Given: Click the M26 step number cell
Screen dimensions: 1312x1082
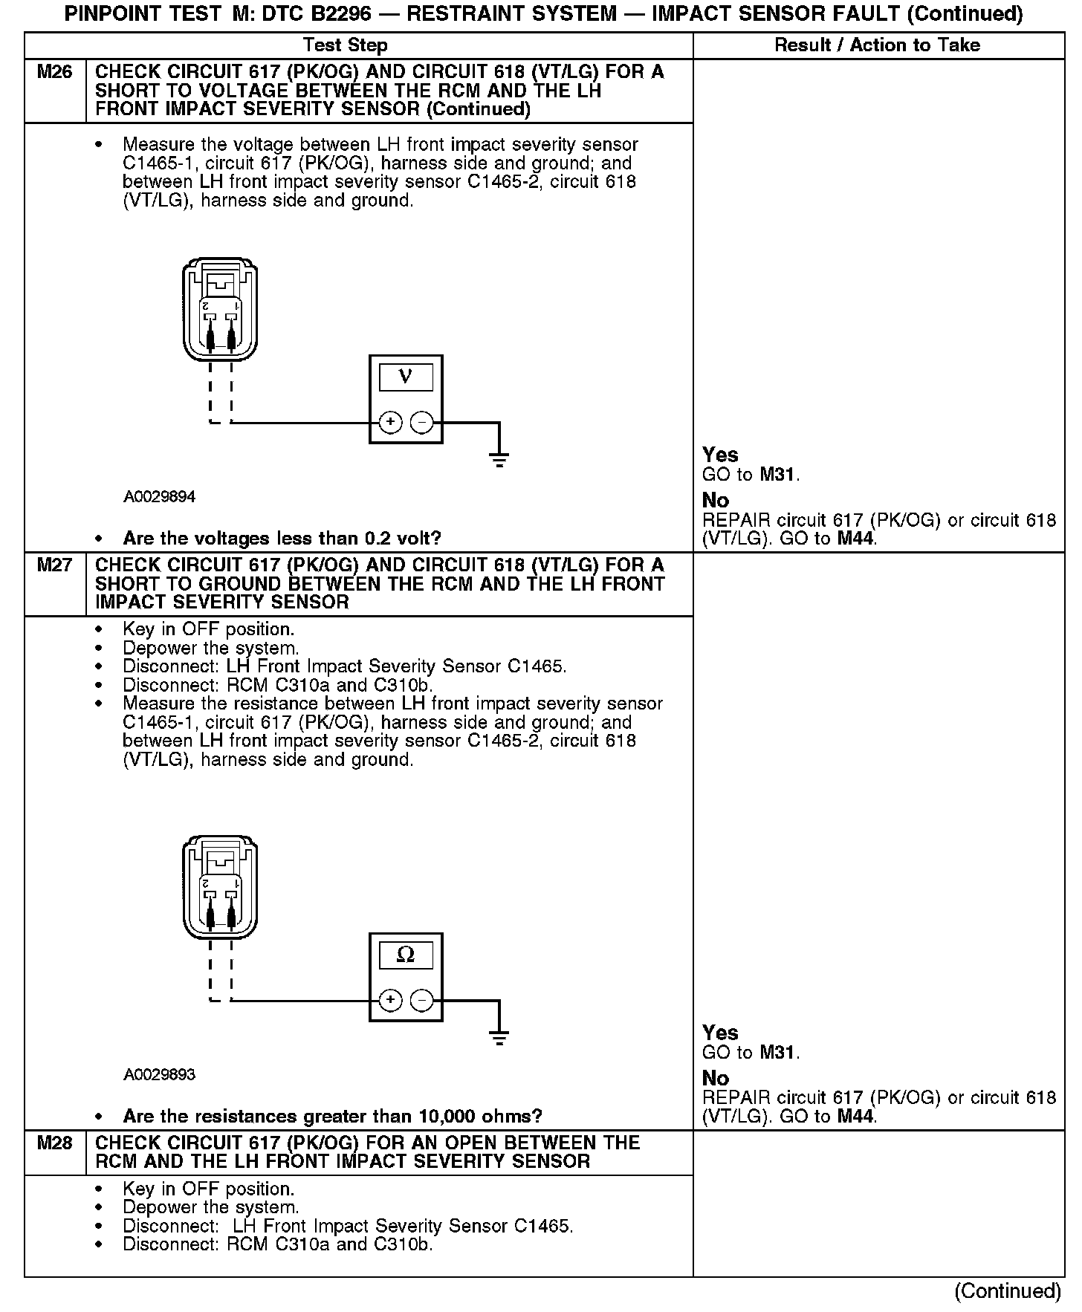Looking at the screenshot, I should [x=55, y=73].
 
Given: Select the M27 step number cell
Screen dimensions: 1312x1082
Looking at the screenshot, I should [x=55, y=565].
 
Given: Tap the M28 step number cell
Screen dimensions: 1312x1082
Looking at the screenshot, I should [x=55, y=1143].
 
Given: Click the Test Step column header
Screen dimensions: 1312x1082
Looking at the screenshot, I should [x=346, y=45].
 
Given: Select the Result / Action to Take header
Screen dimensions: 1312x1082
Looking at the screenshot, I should [x=877, y=45].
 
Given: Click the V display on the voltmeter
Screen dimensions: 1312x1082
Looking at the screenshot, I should [x=406, y=376].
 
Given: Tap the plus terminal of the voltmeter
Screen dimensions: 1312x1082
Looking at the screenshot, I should [x=390, y=423].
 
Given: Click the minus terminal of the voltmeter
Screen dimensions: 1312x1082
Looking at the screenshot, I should [x=421, y=423].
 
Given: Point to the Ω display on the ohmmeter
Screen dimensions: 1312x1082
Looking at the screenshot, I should [x=406, y=954].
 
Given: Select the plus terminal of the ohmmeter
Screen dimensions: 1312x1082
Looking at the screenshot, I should [x=390, y=1001].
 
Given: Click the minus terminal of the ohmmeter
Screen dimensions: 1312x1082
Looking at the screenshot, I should [x=421, y=1001].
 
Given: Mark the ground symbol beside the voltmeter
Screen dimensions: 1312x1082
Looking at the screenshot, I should [x=499, y=458].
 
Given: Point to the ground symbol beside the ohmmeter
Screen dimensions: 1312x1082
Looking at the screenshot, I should [x=499, y=1036].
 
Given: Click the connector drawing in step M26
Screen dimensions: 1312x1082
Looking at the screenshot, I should [x=221, y=310].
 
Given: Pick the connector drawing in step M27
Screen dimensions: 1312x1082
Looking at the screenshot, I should [x=221, y=888].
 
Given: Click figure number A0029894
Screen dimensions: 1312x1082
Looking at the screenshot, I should [x=159, y=496].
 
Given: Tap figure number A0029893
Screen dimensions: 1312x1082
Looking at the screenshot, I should [x=159, y=1074].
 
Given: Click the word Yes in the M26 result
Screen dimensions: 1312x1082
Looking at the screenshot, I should [x=720, y=455].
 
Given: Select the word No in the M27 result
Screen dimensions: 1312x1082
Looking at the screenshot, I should [x=716, y=1078].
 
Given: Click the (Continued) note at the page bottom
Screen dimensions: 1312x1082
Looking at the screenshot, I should [x=1007, y=1291].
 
